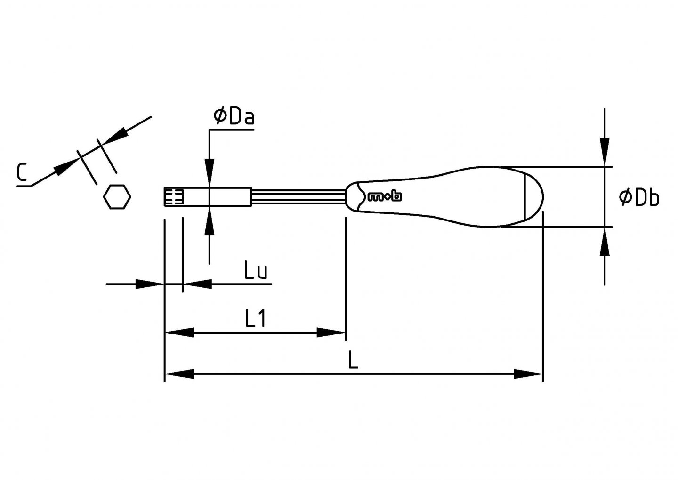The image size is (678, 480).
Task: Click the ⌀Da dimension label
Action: pyautogui.click(x=234, y=116)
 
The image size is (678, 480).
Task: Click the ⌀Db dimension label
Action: pyautogui.click(x=639, y=198)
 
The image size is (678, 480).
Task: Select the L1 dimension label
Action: pyautogui.click(x=256, y=319)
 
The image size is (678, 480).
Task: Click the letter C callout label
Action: pyautogui.click(x=21, y=172)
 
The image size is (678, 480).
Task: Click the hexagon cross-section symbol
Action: pyautogui.click(x=117, y=196)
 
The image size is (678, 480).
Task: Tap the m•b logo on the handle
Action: pyautogui.click(x=384, y=196)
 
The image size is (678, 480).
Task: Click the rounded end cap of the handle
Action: pyautogui.click(x=534, y=196)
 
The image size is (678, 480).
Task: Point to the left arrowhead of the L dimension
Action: pyautogui.click(x=179, y=374)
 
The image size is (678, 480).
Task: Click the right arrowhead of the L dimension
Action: pyautogui.click(x=528, y=374)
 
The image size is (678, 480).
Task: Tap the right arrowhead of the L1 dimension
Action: pyautogui.click(x=331, y=333)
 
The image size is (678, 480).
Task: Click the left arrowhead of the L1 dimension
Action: pyautogui.click(x=179, y=333)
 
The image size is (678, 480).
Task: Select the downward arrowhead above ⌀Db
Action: pyautogui.click(x=605, y=152)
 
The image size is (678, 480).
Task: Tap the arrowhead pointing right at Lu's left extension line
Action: pyautogui.click(x=149, y=284)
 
